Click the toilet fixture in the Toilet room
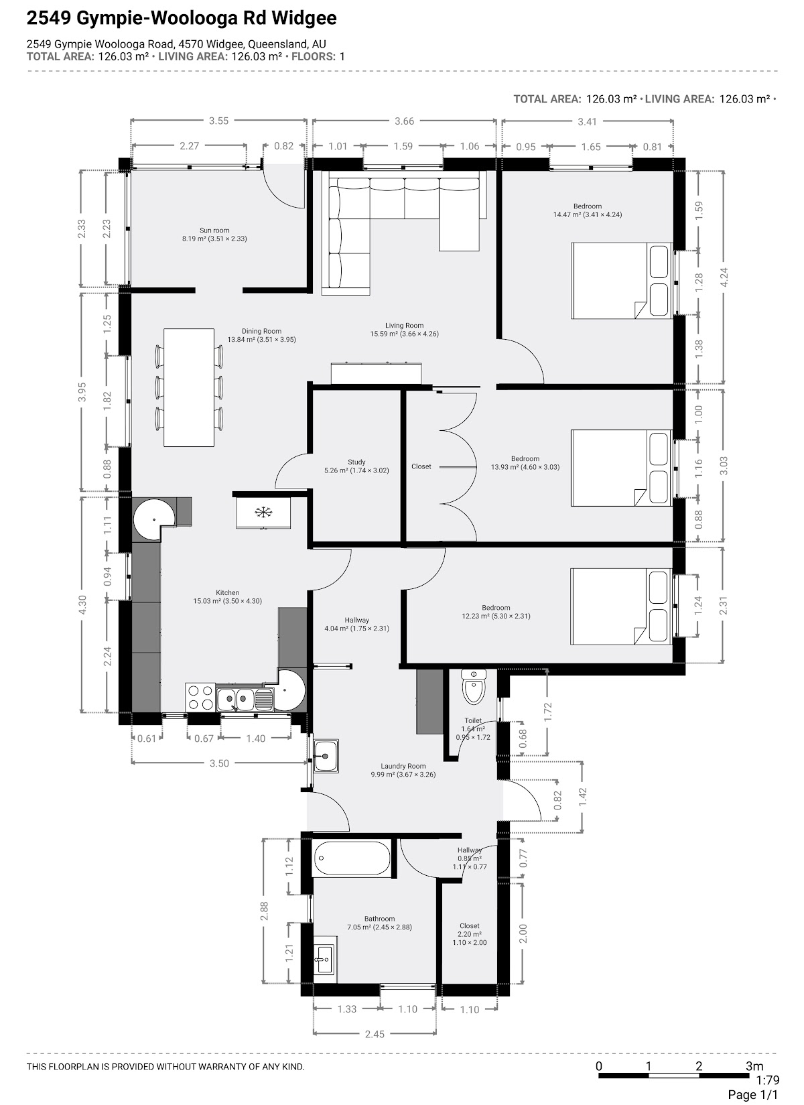pos(474,686)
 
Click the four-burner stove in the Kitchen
pos(200,698)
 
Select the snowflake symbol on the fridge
pos(263,512)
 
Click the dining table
pos(189,388)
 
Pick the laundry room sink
pos(326,756)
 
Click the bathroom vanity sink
pos(325,960)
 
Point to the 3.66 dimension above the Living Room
pos(405,121)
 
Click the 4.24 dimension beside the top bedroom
pos(724,277)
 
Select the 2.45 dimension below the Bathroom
pos(375,1034)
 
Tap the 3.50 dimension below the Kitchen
pos(219,763)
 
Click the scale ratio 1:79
pos(767,1080)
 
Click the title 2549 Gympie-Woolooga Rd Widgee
pos(182,18)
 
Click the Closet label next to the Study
pos(421,466)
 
